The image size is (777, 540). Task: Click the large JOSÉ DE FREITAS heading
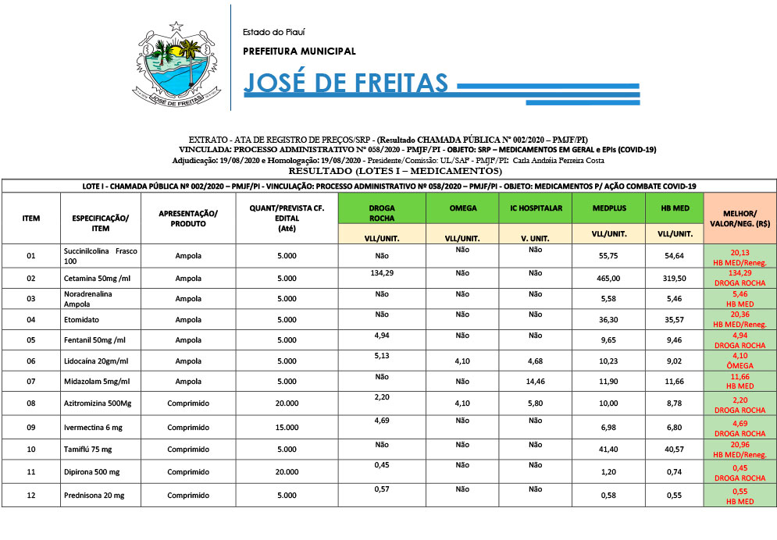pos(346,83)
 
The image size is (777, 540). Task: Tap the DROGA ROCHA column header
pos(382,213)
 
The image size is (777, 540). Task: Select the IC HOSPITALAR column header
pos(535,208)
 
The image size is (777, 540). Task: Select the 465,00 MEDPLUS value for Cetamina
pos(608,279)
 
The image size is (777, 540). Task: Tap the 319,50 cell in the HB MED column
pos(672,279)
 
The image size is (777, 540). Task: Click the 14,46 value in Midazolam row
pos(535,381)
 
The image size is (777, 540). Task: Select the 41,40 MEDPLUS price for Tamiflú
pos(608,450)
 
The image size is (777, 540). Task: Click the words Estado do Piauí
pos(274,32)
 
